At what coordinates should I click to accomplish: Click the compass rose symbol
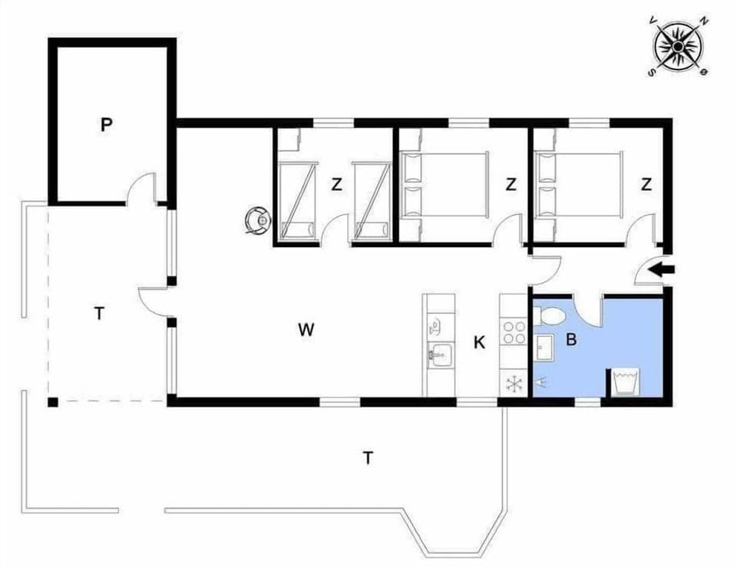(x=679, y=47)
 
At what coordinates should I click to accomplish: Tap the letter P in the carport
(x=106, y=125)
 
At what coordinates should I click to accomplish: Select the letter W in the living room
(x=306, y=330)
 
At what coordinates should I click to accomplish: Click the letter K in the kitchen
(x=479, y=343)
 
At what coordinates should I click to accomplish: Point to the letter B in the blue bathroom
(x=571, y=338)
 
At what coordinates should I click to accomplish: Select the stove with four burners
(x=514, y=332)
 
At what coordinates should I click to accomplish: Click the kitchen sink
(x=439, y=354)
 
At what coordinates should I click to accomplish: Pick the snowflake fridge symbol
(x=513, y=382)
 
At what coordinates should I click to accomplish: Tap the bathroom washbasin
(x=545, y=347)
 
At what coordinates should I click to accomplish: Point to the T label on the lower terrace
(x=368, y=458)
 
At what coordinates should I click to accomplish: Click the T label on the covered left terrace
(x=98, y=313)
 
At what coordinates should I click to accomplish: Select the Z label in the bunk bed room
(x=335, y=184)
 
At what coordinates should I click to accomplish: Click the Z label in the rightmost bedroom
(x=646, y=184)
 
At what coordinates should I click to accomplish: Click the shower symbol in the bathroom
(x=542, y=379)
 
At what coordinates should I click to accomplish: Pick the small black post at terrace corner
(x=52, y=401)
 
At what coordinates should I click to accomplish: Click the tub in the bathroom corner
(x=626, y=382)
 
